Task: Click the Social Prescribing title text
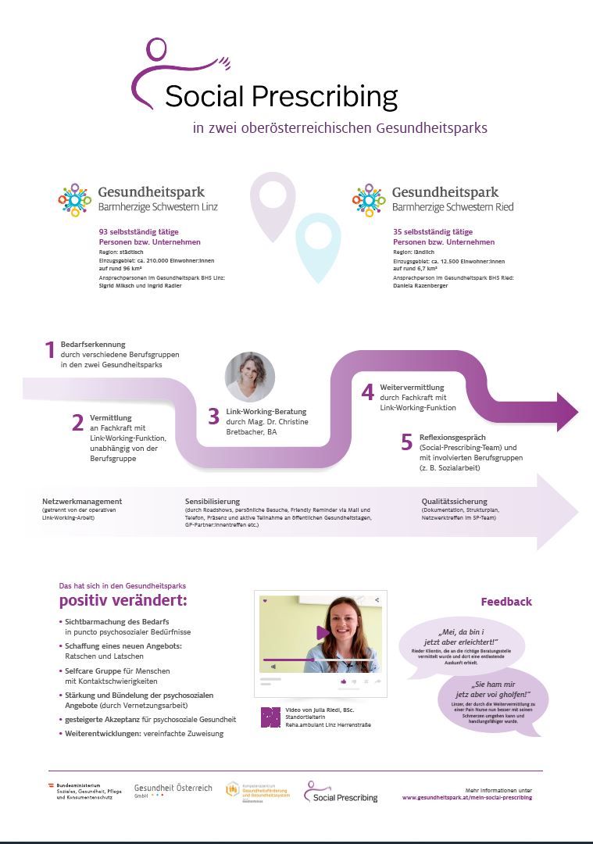(x=281, y=97)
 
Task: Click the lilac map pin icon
(x=273, y=205)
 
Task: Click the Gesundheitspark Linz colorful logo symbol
(x=74, y=199)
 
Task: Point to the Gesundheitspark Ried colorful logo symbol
(x=369, y=199)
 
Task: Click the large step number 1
(x=49, y=351)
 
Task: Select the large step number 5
(x=406, y=442)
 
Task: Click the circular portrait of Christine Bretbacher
(x=250, y=377)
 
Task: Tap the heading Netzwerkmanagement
(x=82, y=501)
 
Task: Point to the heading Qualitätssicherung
(x=454, y=501)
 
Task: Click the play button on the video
(x=321, y=633)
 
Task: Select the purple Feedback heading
(x=506, y=601)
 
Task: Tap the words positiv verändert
(x=123, y=601)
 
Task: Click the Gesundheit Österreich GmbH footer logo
(x=173, y=790)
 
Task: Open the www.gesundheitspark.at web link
(x=466, y=797)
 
